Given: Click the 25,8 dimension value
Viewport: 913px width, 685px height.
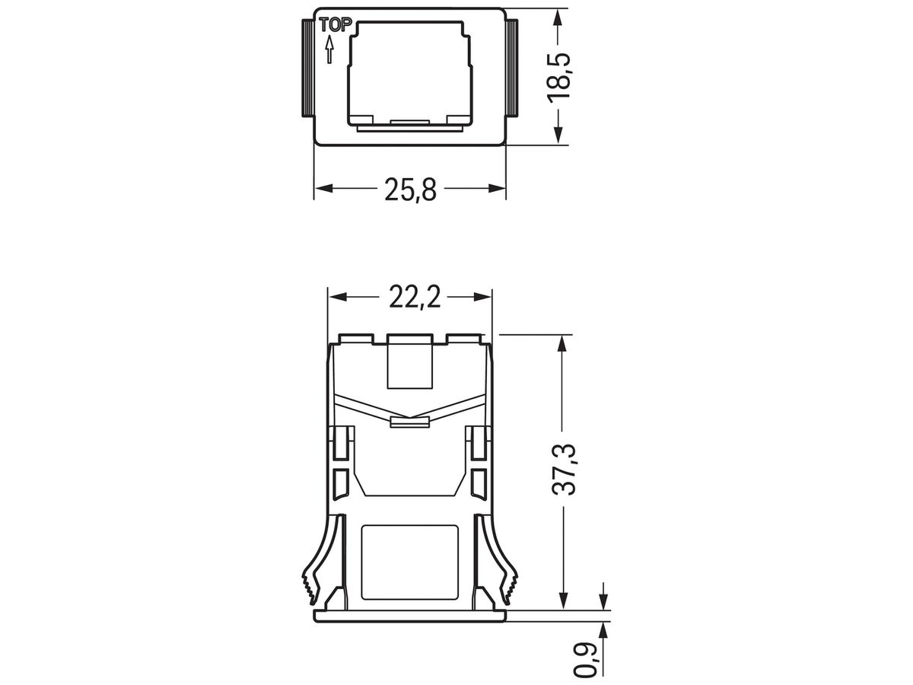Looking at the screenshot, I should (x=409, y=189).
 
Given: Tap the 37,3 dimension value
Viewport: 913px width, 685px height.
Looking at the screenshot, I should (x=564, y=470).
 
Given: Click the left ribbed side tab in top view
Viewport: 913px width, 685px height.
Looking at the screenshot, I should (x=307, y=68).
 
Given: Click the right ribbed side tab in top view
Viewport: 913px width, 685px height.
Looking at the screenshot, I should (x=512, y=68).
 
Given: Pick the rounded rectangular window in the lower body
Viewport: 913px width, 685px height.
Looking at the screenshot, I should (x=410, y=559).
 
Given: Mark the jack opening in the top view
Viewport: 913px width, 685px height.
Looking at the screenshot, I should (x=409, y=72).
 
